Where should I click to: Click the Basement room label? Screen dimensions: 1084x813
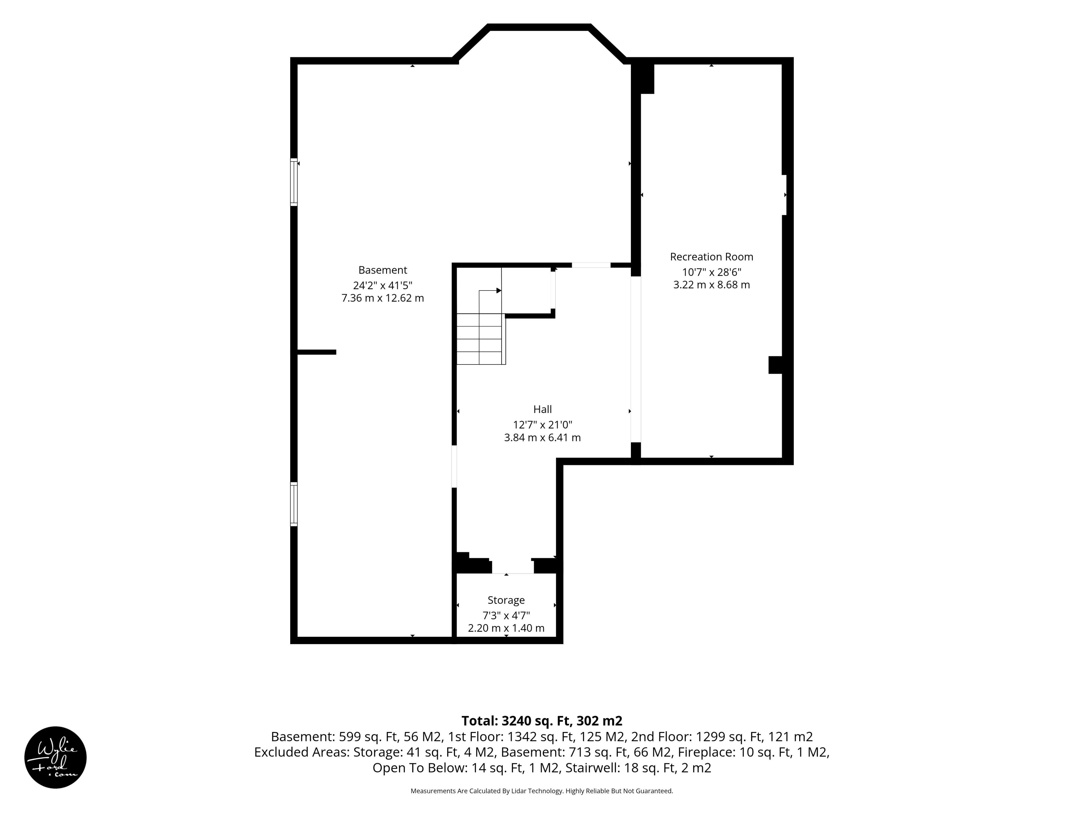click(383, 270)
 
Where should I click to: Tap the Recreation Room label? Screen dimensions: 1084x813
click(712, 257)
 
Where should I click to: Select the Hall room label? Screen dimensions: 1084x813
click(543, 409)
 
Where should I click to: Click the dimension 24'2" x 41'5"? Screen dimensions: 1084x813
click(383, 285)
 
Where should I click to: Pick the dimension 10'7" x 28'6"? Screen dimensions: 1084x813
click(712, 272)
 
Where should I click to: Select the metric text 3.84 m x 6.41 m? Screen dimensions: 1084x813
click(543, 438)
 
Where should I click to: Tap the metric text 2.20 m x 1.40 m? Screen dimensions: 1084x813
click(506, 628)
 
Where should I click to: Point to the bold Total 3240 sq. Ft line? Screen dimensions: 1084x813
click(542, 721)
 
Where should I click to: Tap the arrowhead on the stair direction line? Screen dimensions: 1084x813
click(499, 290)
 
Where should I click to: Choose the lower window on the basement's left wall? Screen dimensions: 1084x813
click(294, 504)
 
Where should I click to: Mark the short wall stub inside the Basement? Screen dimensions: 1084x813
click(316, 352)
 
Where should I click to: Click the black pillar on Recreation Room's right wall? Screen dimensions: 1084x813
click(775, 365)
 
